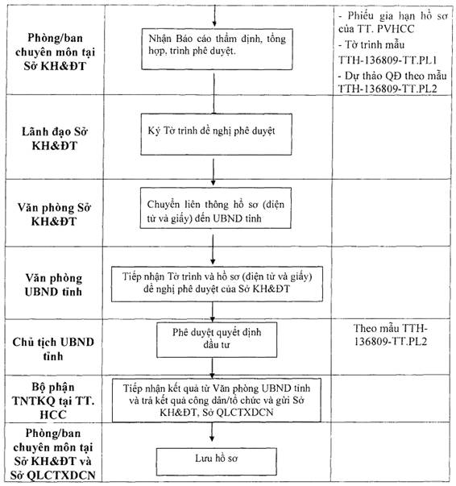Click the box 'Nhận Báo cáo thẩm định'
coord(217,49)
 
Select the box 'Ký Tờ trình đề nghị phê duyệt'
coord(216,134)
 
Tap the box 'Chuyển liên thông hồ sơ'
coord(216,208)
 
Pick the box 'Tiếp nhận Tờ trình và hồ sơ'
coord(217,284)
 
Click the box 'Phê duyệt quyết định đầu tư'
coord(217,339)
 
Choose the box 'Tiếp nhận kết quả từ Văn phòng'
coord(217,400)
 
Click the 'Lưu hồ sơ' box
coord(216,462)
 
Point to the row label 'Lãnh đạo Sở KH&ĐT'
coord(55,139)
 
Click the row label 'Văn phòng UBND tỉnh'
coord(54,285)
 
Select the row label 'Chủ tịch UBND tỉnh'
coord(53,349)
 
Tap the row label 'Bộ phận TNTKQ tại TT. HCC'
coord(53,401)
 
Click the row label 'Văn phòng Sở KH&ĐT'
coord(54,214)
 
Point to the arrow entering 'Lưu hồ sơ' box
coord(212,432)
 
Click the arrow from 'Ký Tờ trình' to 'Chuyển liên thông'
coord(213,172)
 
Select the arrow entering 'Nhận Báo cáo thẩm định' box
coord(214,15)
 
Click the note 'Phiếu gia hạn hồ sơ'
coord(393,22)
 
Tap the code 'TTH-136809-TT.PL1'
coord(388,60)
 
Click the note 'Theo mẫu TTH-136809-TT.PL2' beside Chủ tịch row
coord(391,334)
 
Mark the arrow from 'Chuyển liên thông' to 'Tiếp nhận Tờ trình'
coord(213,250)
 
